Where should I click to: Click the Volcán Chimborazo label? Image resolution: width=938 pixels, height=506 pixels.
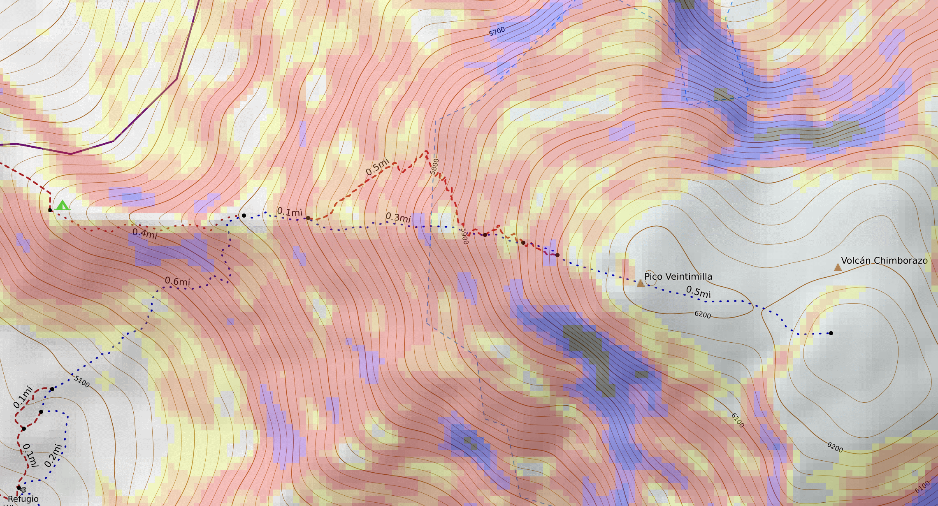pos(884,260)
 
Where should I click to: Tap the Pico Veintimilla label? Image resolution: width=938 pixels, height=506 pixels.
pos(678,276)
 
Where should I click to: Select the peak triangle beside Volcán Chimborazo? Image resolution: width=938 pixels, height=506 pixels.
pos(838,267)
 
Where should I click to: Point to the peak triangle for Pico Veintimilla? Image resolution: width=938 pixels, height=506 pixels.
pos(640,283)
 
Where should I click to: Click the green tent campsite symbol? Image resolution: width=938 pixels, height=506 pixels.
pos(62,205)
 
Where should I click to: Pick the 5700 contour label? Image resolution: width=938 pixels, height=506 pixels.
pos(497,31)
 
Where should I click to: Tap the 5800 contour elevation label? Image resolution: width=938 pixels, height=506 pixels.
pos(434,167)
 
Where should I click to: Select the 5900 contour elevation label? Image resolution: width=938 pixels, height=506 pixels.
pos(464,236)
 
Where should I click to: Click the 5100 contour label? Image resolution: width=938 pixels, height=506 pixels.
pos(82,381)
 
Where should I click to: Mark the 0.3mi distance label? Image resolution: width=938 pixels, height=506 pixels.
pos(398,217)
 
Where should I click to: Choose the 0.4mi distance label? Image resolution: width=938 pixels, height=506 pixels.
pos(145,233)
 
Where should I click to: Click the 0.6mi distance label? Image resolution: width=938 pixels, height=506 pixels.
pos(177,281)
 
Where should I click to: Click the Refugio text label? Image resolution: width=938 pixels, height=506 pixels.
pos(23,499)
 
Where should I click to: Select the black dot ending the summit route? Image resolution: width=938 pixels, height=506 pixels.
pos(831,333)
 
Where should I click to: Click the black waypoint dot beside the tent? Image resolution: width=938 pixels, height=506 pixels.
pos(50,210)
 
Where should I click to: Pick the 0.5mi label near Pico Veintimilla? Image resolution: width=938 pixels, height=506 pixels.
pos(698,292)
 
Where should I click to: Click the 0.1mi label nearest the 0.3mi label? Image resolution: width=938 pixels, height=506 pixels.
pos(290,212)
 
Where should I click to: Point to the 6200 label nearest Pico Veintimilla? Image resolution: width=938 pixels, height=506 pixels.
pos(703,315)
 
